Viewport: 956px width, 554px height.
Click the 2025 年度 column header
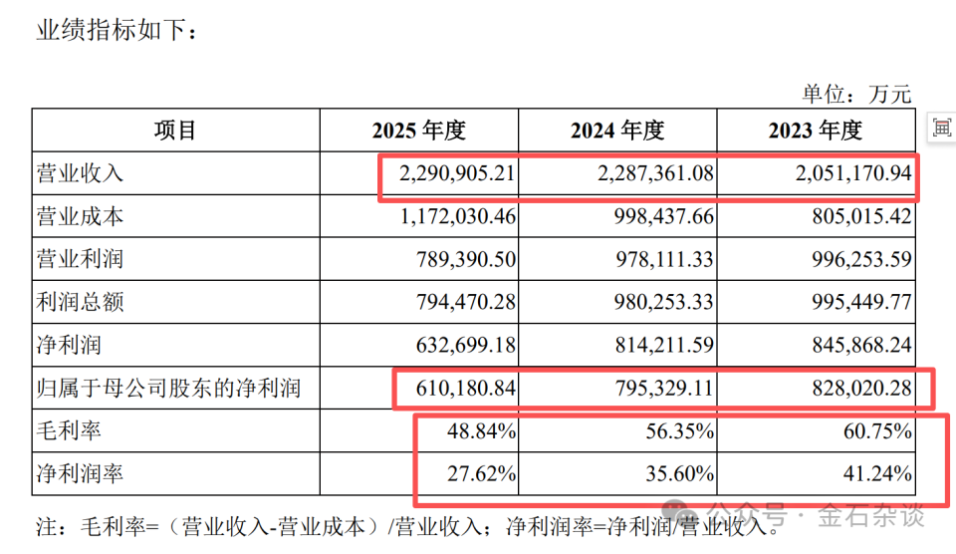[419, 130]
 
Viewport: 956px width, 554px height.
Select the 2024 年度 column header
[617, 130]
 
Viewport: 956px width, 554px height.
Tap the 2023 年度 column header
[816, 130]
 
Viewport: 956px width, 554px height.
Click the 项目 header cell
[175, 130]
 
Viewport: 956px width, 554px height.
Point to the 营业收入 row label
[80, 173]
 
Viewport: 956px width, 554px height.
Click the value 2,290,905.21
[457, 173]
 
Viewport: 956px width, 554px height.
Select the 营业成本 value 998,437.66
[663, 216]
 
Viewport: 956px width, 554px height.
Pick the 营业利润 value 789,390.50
[466, 259]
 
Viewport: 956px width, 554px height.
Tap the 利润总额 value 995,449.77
[861, 301]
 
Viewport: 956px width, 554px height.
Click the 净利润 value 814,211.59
[664, 345]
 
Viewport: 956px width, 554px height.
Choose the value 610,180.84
[466, 388]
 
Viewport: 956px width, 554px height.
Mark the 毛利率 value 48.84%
[482, 430]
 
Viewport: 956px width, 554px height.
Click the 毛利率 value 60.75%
[878, 430]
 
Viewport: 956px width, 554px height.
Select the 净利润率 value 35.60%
[680, 473]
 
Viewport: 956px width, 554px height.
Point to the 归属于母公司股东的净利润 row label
[169, 388]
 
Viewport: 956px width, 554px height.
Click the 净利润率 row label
[80, 473]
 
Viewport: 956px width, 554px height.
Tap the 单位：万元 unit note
[856, 94]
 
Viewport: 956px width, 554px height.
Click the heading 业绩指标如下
[117, 30]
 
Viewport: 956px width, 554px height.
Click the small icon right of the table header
[941, 129]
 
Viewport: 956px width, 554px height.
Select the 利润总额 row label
[80, 301]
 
